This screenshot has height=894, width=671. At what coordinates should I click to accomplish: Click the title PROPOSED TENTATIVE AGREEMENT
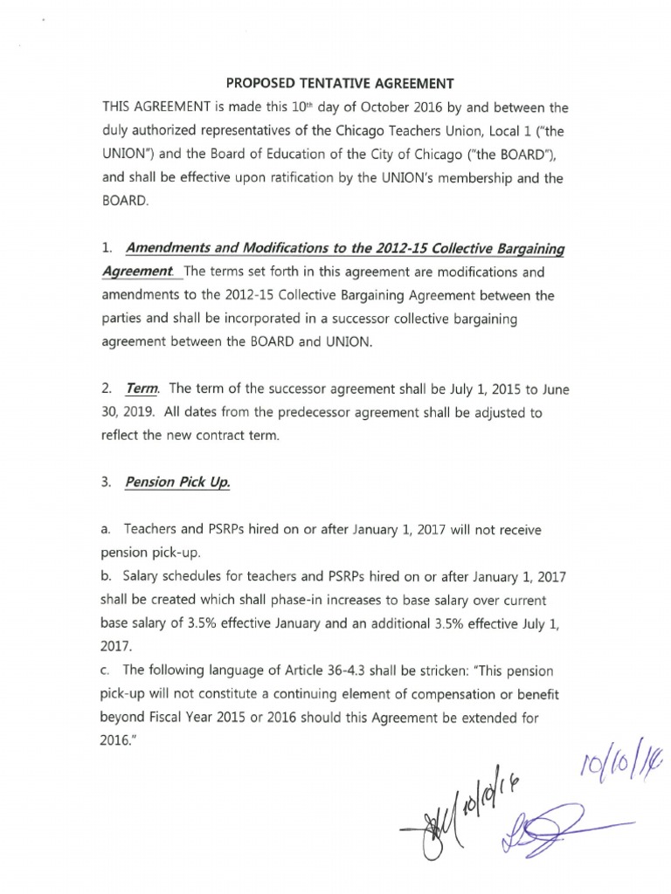[x=340, y=84]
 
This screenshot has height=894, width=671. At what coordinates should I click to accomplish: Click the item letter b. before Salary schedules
[x=107, y=577]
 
